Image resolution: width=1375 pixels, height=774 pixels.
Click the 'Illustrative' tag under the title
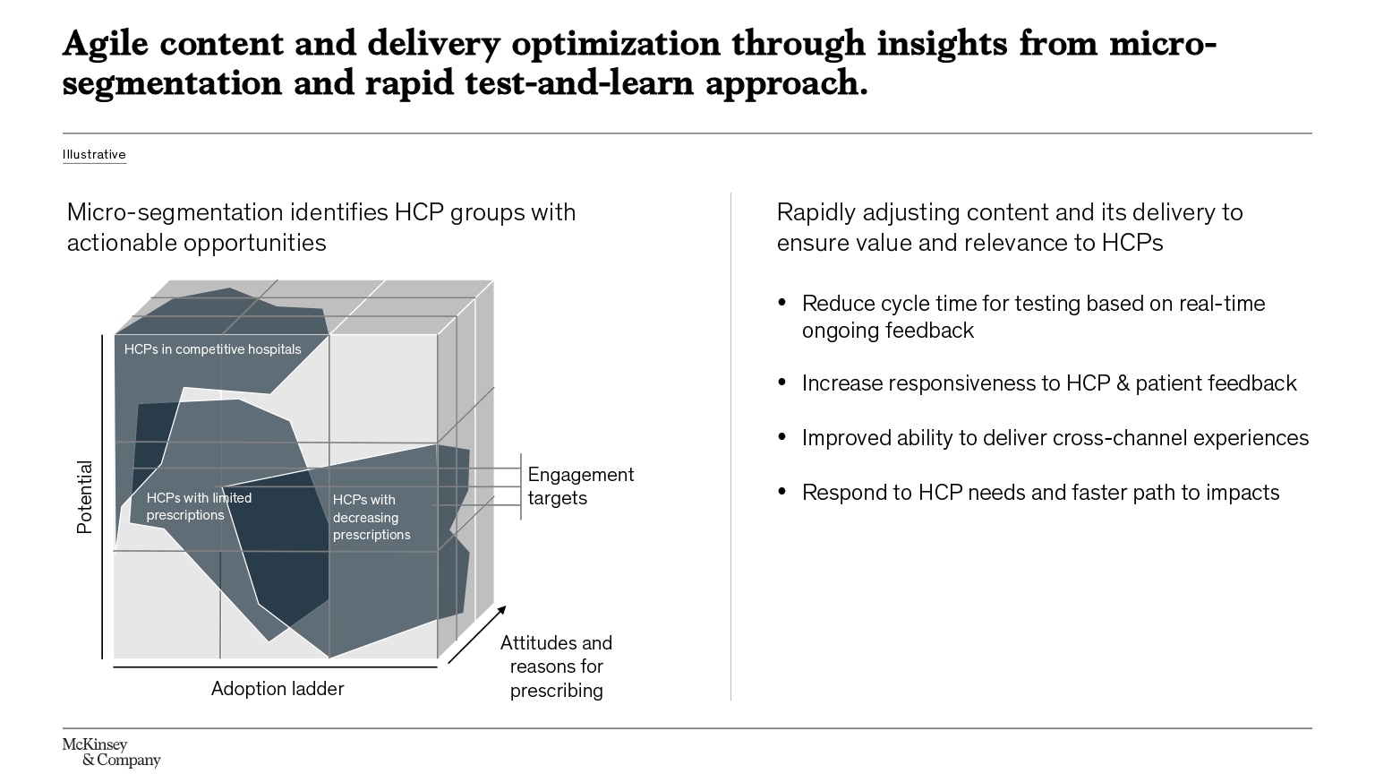tap(94, 154)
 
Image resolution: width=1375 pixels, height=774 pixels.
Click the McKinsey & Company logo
tap(110, 752)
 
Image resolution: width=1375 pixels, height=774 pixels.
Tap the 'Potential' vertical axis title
tap(85, 497)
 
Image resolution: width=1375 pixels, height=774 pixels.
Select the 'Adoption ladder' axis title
tap(278, 688)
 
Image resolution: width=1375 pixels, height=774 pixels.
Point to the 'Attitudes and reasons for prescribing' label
tap(556, 666)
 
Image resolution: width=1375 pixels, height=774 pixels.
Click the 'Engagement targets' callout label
tap(580, 486)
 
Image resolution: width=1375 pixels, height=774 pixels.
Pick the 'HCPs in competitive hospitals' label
tap(213, 349)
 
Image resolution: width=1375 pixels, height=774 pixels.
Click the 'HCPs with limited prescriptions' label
tap(199, 506)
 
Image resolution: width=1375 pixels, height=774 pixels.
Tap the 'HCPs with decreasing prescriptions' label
tap(372, 517)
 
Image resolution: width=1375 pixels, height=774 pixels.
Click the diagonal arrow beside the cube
tap(477, 634)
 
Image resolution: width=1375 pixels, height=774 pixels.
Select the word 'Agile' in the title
tap(105, 43)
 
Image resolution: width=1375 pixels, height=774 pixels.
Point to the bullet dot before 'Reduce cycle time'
tap(782, 303)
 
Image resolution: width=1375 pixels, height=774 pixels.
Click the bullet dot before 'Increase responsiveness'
tap(782, 383)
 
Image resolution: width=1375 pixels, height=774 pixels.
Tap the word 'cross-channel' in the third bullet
tap(1120, 437)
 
